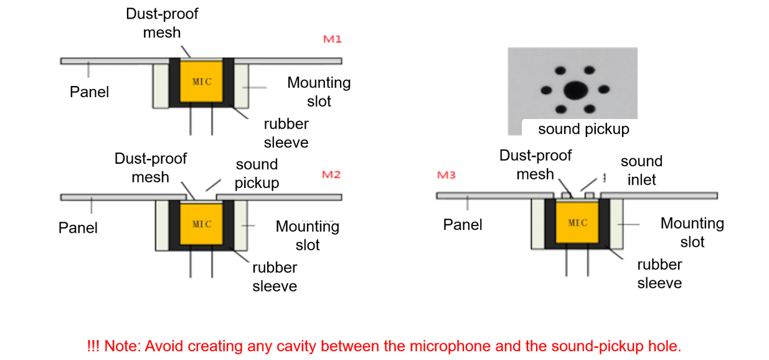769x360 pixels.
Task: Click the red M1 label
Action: tap(333, 40)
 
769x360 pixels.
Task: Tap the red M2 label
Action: tap(331, 174)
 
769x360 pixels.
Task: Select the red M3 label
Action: tap(446, 175)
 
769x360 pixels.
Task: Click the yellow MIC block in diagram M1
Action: tap(201, 82)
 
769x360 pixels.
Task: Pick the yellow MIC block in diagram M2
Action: tap(201, 224)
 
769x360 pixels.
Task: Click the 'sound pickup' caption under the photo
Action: tap(583, 129)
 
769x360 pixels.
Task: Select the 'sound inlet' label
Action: tap(641, 171)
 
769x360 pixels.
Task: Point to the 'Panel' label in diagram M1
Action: tap(89, 92)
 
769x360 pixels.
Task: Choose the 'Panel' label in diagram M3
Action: tap(463, 224)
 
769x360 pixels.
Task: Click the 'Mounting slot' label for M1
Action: tap(319, 92)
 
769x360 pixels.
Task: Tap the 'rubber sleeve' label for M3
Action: tap(659, 273)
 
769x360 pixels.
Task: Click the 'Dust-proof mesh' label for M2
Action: tap(150, 168)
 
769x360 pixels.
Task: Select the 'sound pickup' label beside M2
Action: tap(257, 174)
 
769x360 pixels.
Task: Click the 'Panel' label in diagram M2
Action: tap(78, 228)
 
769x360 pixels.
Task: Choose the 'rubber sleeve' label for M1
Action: tap(286, 133)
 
